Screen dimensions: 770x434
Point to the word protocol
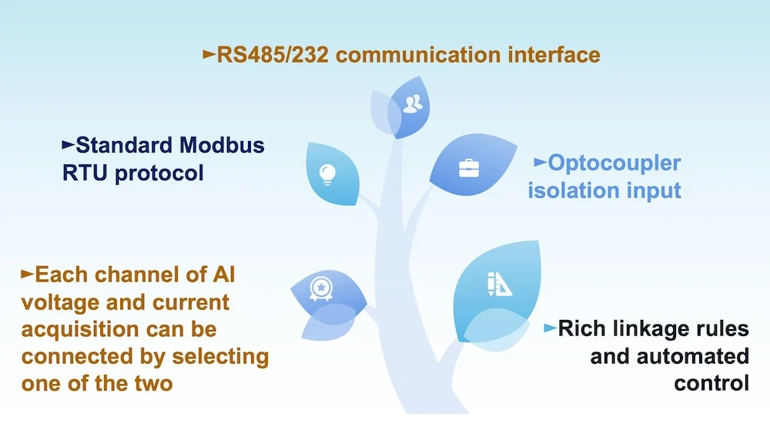[160, 173]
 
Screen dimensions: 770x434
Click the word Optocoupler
[614, 163]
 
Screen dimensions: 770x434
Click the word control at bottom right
[711, 382]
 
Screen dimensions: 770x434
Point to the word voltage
[61, 302]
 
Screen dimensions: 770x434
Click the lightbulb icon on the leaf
[329, 172]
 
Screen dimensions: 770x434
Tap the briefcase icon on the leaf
[469, 168]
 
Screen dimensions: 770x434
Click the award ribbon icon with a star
[320, 288]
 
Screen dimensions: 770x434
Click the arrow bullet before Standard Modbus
[69, 144]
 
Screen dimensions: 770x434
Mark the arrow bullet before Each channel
[28, 274]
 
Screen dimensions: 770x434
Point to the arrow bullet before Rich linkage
[550, 328]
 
